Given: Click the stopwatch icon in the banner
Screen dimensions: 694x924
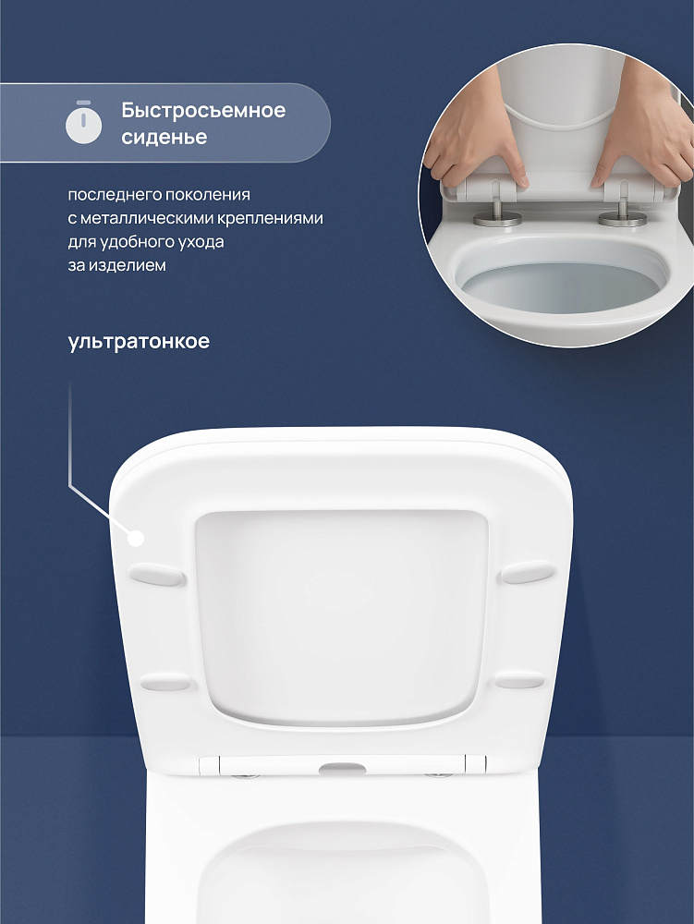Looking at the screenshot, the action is point(84,123).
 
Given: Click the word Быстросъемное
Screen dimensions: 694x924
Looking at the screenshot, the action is point(203,110).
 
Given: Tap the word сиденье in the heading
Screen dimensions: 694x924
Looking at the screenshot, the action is point(164,137).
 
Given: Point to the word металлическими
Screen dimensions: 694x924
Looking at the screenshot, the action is point(146,218).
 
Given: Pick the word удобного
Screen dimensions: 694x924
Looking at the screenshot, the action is point(138,241).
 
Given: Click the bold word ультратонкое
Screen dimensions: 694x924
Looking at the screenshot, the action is point(139,342).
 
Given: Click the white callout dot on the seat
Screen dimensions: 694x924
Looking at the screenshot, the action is point(137,538).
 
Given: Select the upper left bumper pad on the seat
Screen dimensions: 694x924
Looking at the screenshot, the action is point(157,575).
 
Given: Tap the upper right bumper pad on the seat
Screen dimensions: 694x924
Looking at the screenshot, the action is point(527,572).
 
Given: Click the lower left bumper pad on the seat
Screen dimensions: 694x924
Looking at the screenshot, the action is point(165,683).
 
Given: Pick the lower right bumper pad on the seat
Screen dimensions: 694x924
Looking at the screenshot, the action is point(519,681).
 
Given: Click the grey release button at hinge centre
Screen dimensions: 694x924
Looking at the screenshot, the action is point(342,768).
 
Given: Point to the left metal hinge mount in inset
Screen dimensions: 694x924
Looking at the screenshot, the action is point(498,213).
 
